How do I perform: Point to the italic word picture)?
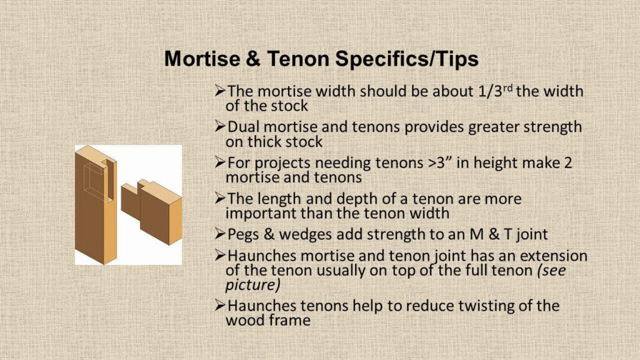point(252,285)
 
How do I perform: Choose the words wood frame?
point(267,320)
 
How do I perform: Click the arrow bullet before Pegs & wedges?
point(220,234)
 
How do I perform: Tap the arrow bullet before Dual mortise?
point(220,126)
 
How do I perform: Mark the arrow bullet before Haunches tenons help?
point(220,305)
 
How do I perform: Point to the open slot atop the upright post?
point(109,180)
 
